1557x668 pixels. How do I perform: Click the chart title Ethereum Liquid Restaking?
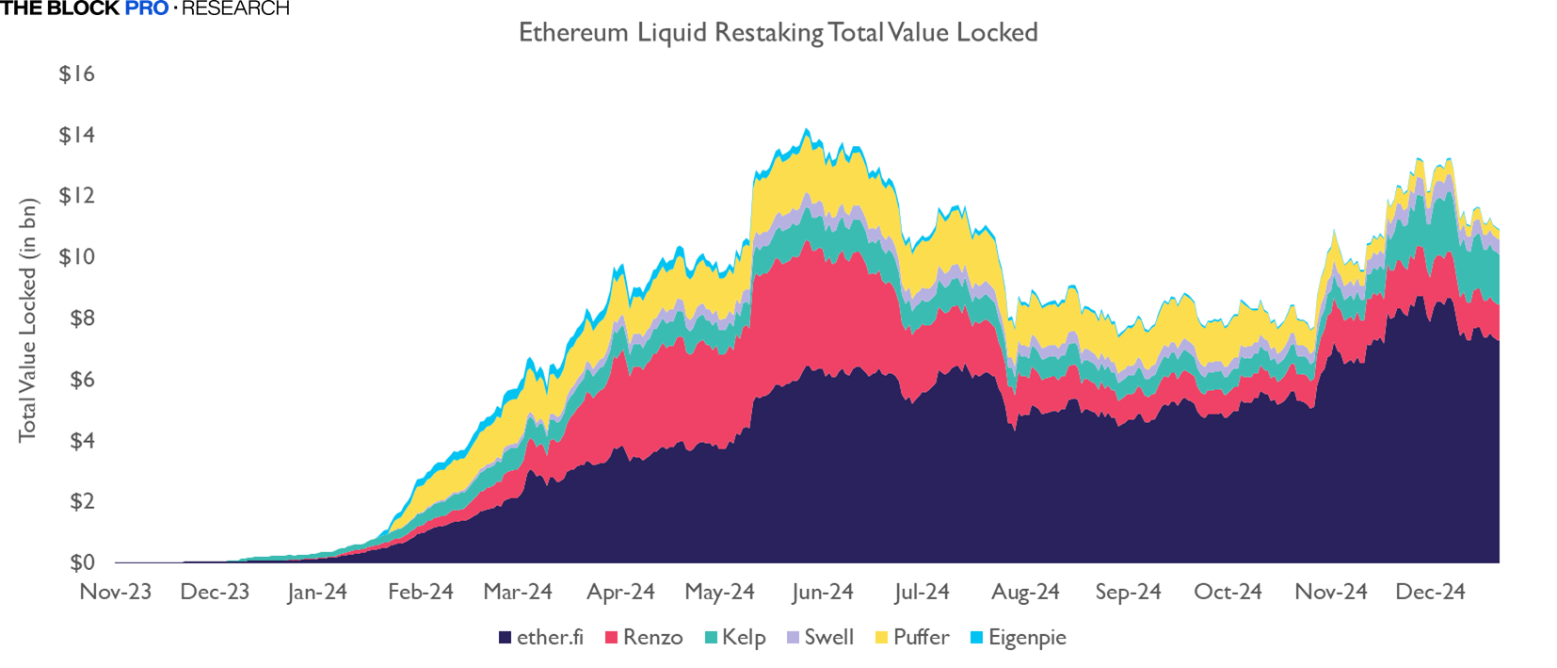(778, 33)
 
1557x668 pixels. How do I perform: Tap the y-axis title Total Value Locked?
(28, 320)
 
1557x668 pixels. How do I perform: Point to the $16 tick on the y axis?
(76, 73)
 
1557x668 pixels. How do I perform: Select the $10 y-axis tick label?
(76, 256)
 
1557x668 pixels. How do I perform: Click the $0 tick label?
(82, 562)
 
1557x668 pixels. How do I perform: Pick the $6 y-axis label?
(82, 379)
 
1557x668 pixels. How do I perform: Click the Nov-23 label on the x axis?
(115, 592)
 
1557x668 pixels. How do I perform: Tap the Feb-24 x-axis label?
(420, 592)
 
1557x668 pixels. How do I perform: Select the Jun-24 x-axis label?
(822, 592)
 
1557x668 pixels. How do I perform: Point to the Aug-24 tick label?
(1025, 592)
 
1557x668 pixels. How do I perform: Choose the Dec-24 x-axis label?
(1430, 592)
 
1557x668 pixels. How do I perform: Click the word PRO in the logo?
(147, 8)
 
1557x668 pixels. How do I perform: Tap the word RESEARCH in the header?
(235, 8)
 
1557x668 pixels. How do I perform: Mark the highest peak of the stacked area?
(806, 130)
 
